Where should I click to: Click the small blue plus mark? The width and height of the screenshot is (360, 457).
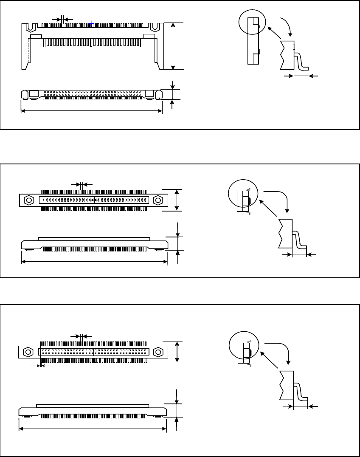[92, 24]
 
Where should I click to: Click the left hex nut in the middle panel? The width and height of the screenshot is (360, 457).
[29, 200]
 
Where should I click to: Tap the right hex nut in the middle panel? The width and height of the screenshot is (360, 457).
[158, 200]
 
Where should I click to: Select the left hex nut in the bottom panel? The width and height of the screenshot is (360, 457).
[28, 352]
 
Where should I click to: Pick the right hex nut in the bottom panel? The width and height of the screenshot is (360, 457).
[158, 352]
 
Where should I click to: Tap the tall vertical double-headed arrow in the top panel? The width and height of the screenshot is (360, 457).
[173, 46]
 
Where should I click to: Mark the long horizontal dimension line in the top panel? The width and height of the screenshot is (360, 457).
[91, 111]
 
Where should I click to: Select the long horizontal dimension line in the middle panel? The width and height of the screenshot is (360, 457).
[94, 262]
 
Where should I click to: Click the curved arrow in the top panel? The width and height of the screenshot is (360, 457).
[284, 25]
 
